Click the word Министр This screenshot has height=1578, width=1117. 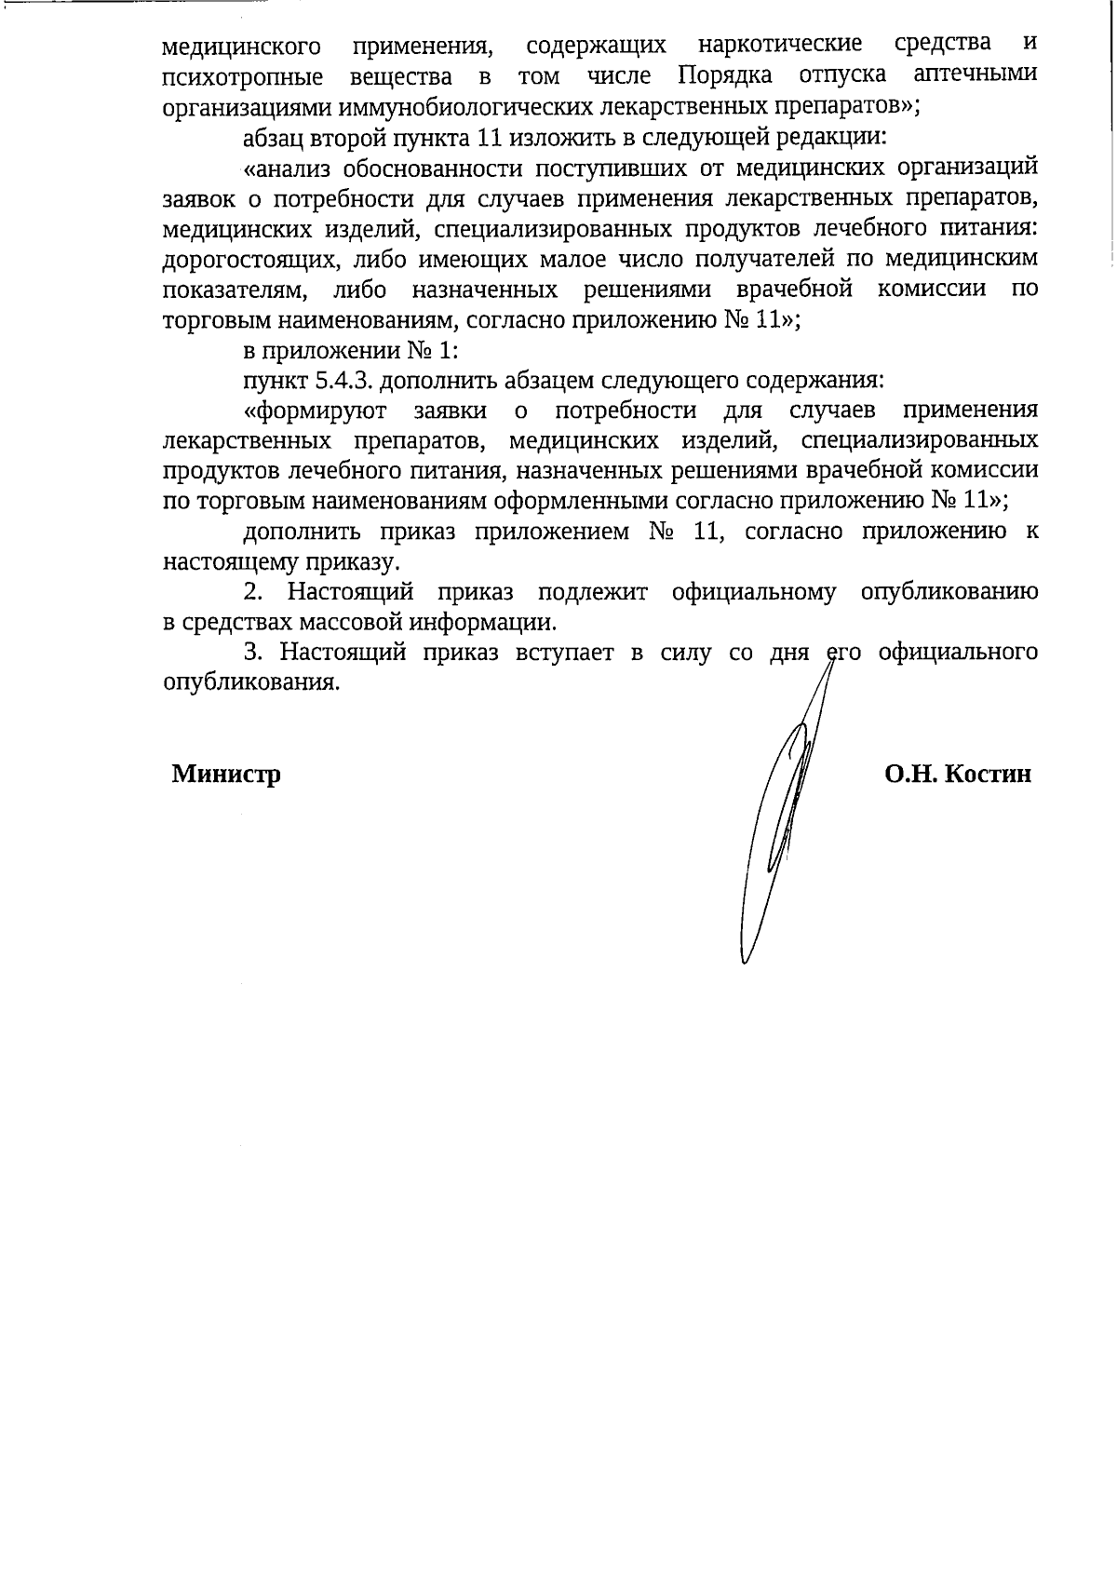226,775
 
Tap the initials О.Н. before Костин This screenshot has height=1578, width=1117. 910,775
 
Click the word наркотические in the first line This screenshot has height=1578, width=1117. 779,45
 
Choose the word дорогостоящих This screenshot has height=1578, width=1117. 238,259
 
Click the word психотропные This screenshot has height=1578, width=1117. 243,76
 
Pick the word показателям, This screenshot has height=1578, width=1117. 236,290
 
